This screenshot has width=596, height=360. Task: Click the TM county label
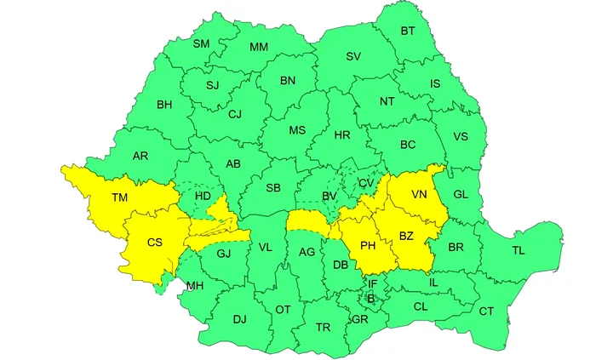pos(119,197)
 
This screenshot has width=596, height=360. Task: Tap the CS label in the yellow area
pos(154,243)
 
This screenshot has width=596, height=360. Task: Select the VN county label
pos(418,194)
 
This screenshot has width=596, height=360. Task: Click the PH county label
pos(368,245)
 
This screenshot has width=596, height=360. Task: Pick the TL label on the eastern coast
pos(519,250)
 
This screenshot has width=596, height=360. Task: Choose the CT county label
pos(486,311)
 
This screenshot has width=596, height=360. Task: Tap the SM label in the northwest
pos(201,43)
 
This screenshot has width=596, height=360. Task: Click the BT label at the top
pos(407,31)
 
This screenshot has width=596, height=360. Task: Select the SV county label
pos(352,56)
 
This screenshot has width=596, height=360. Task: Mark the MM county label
pos(260,47)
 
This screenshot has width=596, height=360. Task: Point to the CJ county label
pos(235,114)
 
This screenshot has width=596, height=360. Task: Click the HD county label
pos(203,196)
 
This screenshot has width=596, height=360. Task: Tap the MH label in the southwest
pos(195,284)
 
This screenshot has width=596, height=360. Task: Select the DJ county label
pos(239,319)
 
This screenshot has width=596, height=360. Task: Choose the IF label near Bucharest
pos(372,283)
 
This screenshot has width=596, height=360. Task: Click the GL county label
pos(461,194)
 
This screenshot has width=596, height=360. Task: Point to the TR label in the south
pos(323,327)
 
